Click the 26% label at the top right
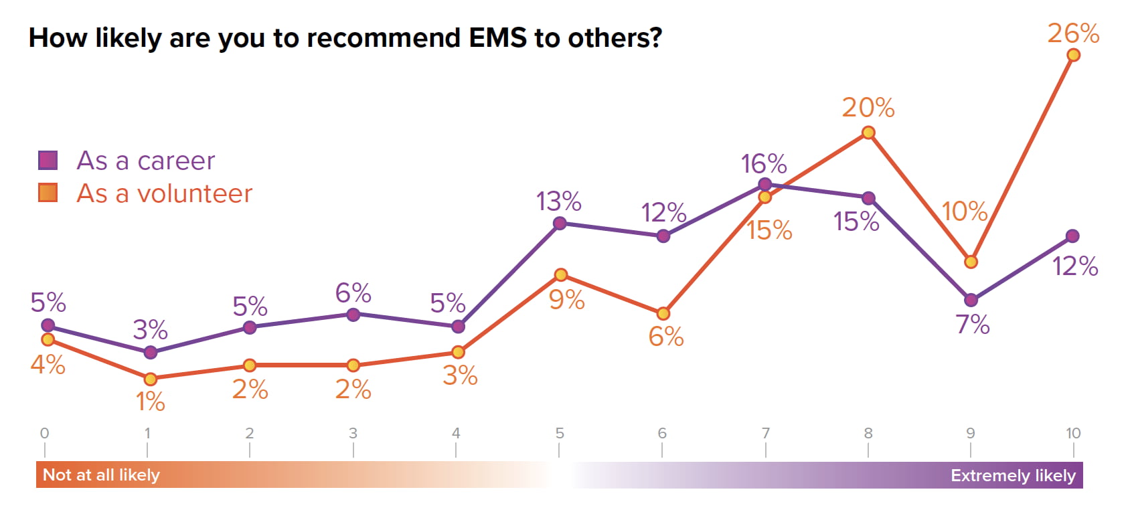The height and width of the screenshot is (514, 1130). coord(1073,33)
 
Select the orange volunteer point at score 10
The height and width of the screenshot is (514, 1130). coord(1073,55)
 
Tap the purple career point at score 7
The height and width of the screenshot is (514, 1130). coord(765,184)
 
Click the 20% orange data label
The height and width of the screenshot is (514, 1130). coord(868,108)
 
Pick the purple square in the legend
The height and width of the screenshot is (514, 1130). coord(48,161)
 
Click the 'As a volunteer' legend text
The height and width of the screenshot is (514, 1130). coord(164,193)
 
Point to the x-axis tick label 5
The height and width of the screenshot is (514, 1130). coord(560,433)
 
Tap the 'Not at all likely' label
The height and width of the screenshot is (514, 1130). coord(101,475)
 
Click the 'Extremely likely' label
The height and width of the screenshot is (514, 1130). coord(1013,476)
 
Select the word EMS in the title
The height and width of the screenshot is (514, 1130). coord(498,37)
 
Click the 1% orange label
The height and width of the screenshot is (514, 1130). coord(150,402)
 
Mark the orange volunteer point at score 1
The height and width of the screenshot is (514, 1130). coord(151,379)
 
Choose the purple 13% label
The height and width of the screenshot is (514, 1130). coord(558,201)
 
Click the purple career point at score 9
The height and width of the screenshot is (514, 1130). coord(971,300)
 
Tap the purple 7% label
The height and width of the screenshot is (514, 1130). coord(972,325)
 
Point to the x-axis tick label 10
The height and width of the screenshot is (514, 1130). coord(1073,433)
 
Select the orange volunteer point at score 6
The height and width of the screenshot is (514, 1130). coord(663,313)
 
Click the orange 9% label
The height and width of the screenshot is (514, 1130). coord(566,300)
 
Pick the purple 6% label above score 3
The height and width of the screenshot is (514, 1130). coord(353,293)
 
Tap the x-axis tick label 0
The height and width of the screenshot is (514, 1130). coord(45,433)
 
